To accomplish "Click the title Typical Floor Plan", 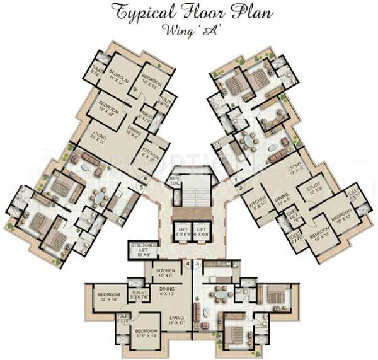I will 189,11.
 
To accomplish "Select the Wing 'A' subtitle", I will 189,28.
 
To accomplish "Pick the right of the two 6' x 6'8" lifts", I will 201,230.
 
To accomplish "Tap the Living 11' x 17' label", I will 177,320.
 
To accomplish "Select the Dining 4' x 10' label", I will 167,291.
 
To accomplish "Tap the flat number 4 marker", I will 187,263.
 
